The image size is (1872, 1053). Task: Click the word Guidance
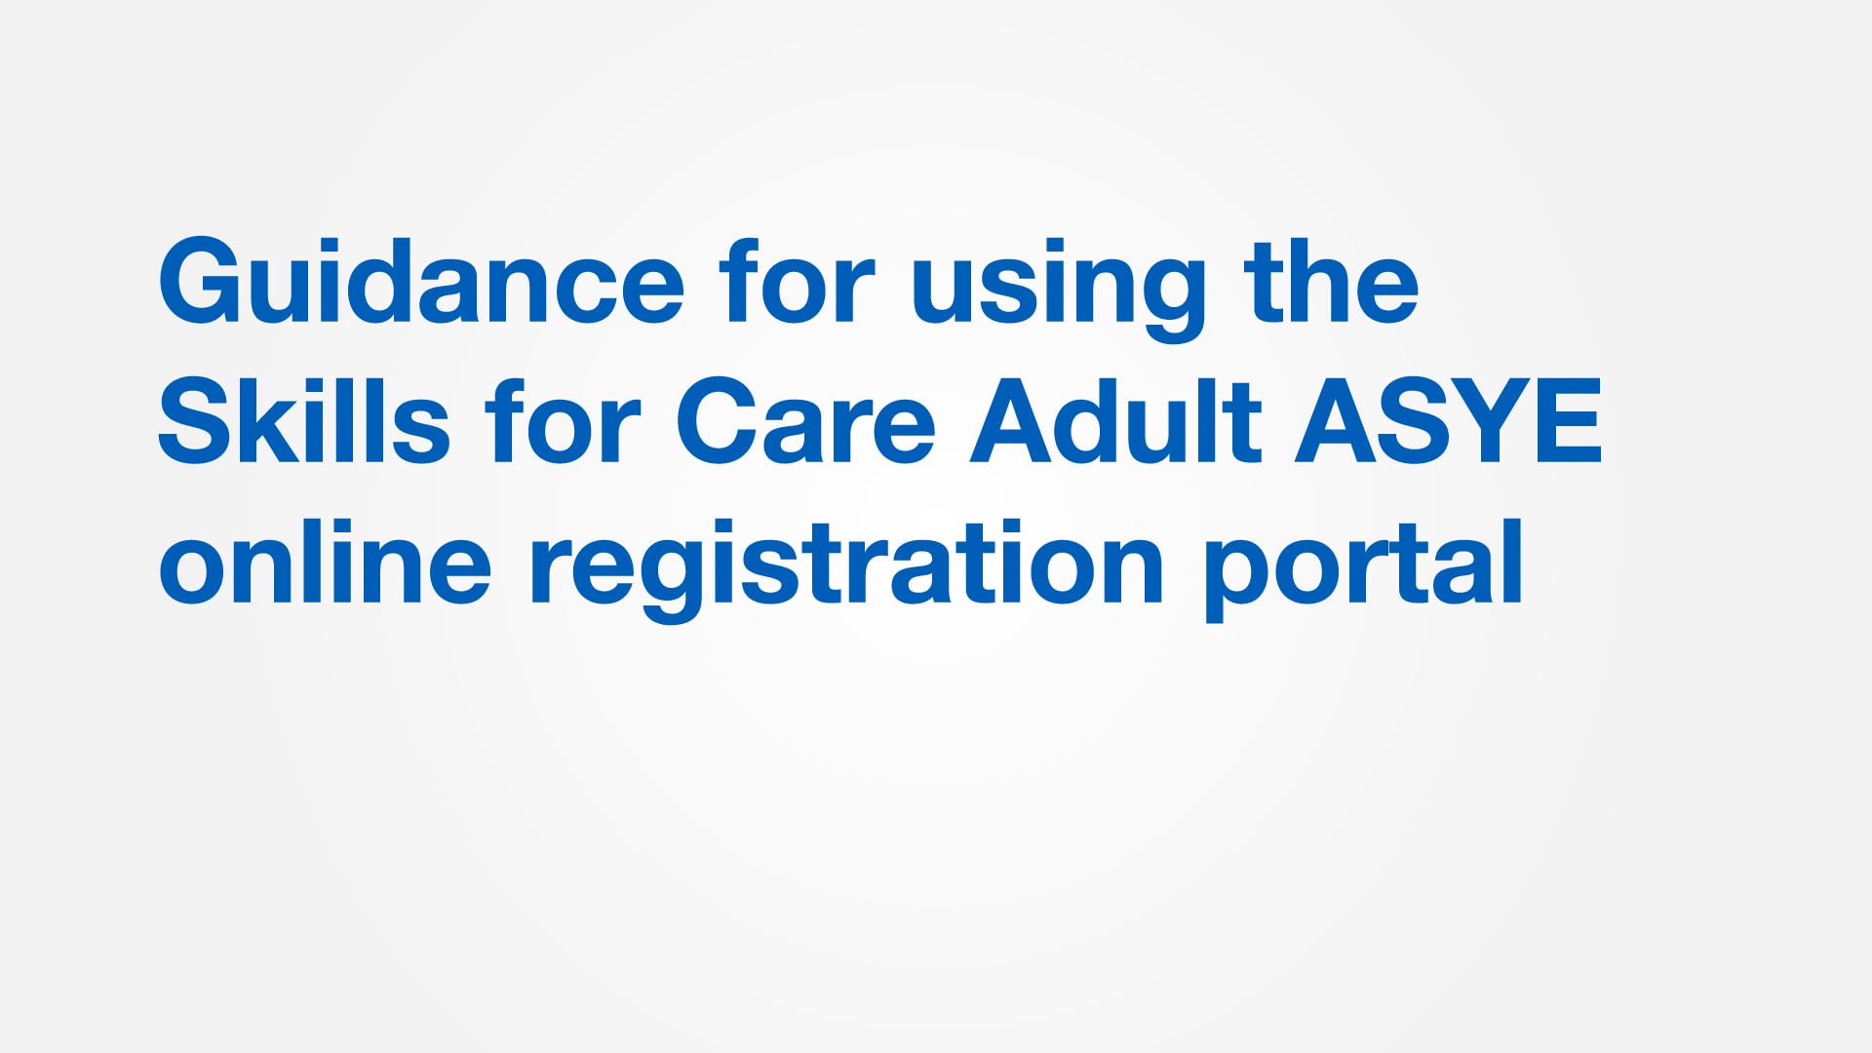[421, 283]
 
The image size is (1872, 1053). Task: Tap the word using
[1059, 288]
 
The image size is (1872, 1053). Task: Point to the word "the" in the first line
[1331, 283]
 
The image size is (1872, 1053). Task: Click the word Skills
[303, 422]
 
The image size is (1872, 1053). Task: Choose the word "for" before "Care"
[563, 422]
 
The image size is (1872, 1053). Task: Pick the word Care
[805, 422]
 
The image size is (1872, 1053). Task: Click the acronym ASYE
[1448, 422]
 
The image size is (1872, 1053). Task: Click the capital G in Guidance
[199, 283]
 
